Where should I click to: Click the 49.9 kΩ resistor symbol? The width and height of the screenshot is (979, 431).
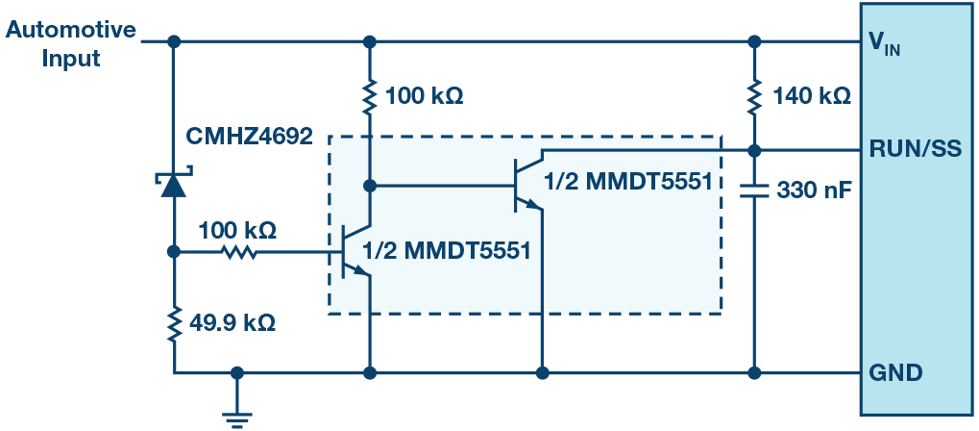[174, 324]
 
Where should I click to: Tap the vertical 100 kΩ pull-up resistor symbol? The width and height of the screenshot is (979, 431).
[370, 96]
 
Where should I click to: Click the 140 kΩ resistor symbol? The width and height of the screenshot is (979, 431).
[755, 95]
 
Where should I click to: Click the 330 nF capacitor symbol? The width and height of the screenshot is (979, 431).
[755, 190]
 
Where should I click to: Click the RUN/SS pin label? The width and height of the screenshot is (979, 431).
[910, 150]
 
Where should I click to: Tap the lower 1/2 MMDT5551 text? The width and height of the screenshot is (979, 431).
[447, 252]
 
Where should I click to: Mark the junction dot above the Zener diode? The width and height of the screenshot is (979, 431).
[174, 42]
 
